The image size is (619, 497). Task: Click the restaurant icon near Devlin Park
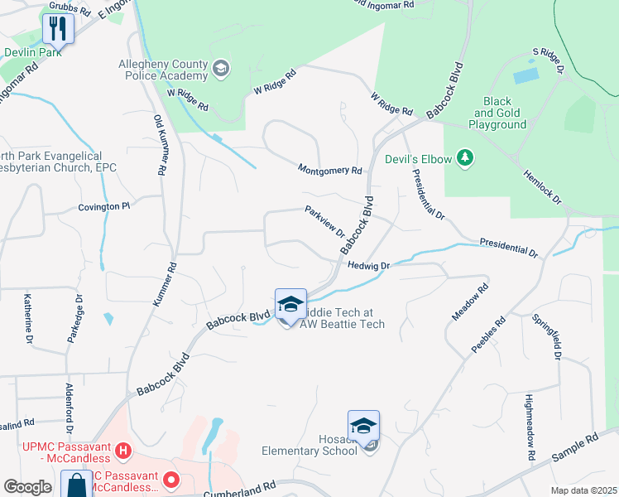58,29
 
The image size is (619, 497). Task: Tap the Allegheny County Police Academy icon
221,67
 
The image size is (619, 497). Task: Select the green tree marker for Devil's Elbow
465,157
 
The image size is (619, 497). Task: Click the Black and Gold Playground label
499,113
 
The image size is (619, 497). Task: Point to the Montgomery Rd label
330,170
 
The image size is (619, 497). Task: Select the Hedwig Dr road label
369,266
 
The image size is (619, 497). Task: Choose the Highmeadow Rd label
529,427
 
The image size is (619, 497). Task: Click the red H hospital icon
123,451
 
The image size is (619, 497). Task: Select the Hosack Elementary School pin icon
363,427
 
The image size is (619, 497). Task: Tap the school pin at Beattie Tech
290,305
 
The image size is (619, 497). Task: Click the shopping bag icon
76,485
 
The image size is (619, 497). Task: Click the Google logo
27,487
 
